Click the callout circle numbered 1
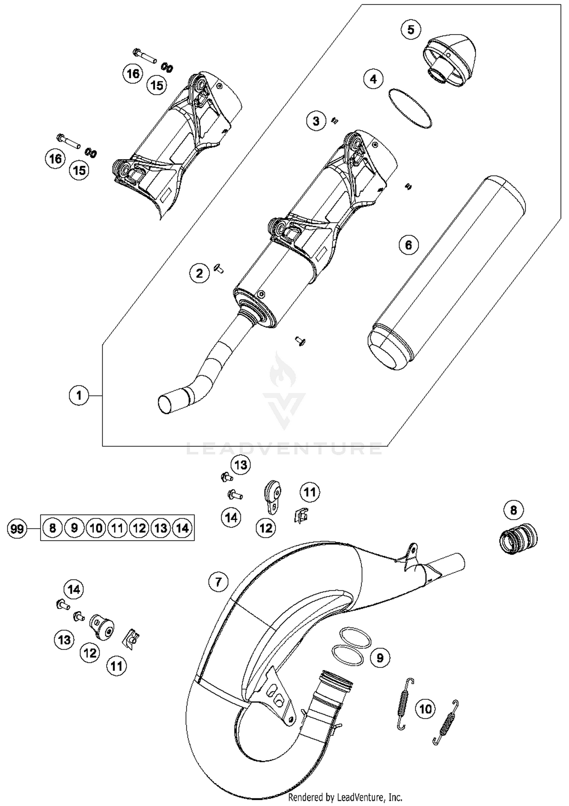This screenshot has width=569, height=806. pyautogui.click(x=79, y=396)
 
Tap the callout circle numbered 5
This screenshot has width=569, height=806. pyautogui.click(x=411, y=30)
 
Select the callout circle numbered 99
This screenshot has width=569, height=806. pyautogui.click(x=17, y=529)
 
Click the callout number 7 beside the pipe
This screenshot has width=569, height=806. pyautogui.click(x=218, y=582)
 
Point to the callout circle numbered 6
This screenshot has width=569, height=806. pyautogui.click(x=409, y=245)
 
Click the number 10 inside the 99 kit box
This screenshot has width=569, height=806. pyautogui.click(x=96, y=528)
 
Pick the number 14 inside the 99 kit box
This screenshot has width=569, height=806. pyautogui.click(x=182, y=528)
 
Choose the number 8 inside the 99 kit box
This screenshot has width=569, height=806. pyautogui.click(x=52, y=528)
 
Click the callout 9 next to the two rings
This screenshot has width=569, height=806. pyautogui.click(x=380, y=658)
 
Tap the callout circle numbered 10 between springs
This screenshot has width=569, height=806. pyautogui.click(x=426, y=709)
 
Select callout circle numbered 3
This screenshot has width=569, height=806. pyautogui.click(x=316, y=121)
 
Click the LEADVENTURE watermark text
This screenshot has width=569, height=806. pyautogui.click(x=284, y=449)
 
